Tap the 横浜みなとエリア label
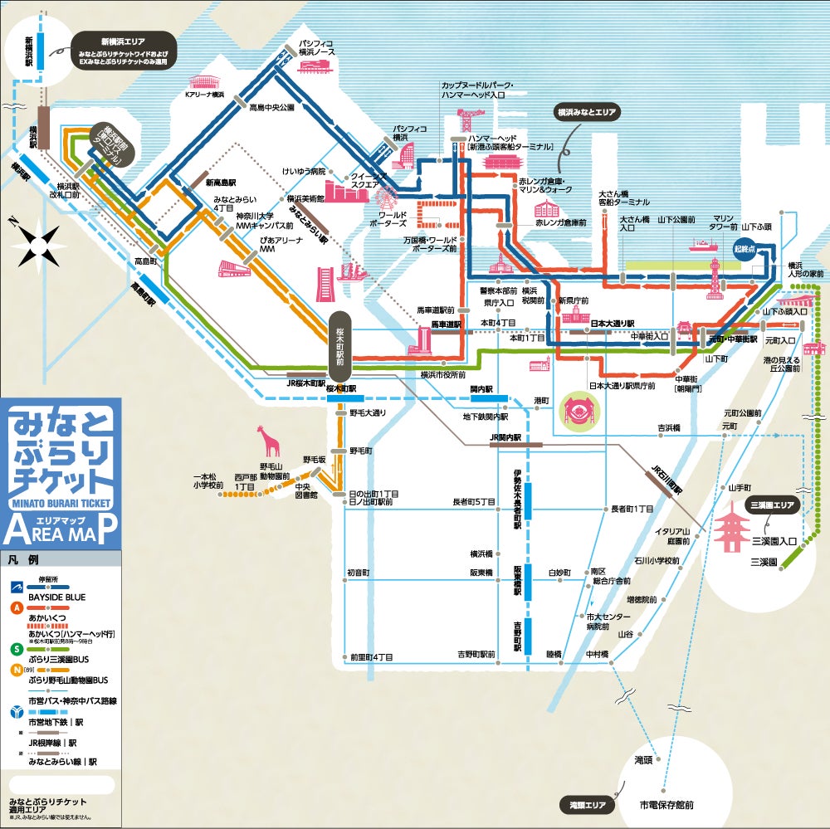[587, 110]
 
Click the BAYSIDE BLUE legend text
[57, 597]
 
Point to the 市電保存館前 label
[666, 804]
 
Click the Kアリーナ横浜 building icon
[204, 81]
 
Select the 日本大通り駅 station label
[612, 323]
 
